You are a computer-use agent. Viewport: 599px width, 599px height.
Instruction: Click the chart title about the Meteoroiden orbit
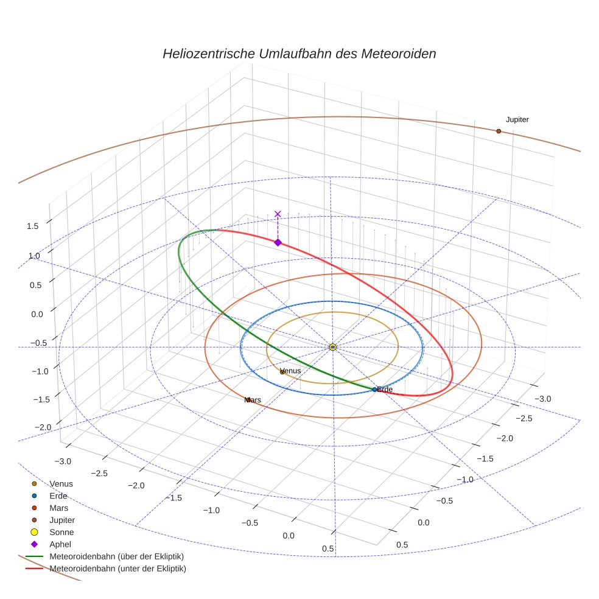[299, 54]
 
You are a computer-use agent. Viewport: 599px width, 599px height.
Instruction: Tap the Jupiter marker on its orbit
[499, 131]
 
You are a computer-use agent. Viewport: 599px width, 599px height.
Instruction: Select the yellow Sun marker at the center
[332, 347]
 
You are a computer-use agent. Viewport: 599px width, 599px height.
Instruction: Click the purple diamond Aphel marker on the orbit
[278, 242]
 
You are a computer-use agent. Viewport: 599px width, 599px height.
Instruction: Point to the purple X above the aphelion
[278, 214]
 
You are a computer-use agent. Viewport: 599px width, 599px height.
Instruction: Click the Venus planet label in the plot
[290, 370]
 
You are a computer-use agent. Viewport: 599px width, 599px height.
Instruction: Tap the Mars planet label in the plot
[253, 400]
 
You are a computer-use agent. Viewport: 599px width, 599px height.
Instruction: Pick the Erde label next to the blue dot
[385, 389]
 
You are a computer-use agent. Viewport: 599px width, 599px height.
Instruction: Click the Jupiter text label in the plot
[517, 120]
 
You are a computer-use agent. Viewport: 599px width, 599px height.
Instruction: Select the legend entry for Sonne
[61, 532]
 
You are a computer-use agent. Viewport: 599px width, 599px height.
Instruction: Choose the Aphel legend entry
[61, 544]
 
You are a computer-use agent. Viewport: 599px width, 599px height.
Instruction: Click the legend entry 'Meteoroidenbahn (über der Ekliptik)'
[116, 556]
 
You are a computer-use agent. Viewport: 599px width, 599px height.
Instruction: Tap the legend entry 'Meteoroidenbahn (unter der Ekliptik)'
[117, 569]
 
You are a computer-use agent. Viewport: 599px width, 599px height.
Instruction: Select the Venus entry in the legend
[61, 483]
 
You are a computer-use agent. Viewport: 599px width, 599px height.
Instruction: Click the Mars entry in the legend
[59, 508]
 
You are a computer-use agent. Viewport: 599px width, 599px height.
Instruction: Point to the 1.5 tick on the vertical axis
[33, 226]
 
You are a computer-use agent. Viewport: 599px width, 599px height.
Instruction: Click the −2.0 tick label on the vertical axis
[43, 427]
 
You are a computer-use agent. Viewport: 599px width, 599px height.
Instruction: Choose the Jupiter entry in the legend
[62, 520]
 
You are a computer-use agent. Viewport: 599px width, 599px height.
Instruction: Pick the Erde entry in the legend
[58, 496]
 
